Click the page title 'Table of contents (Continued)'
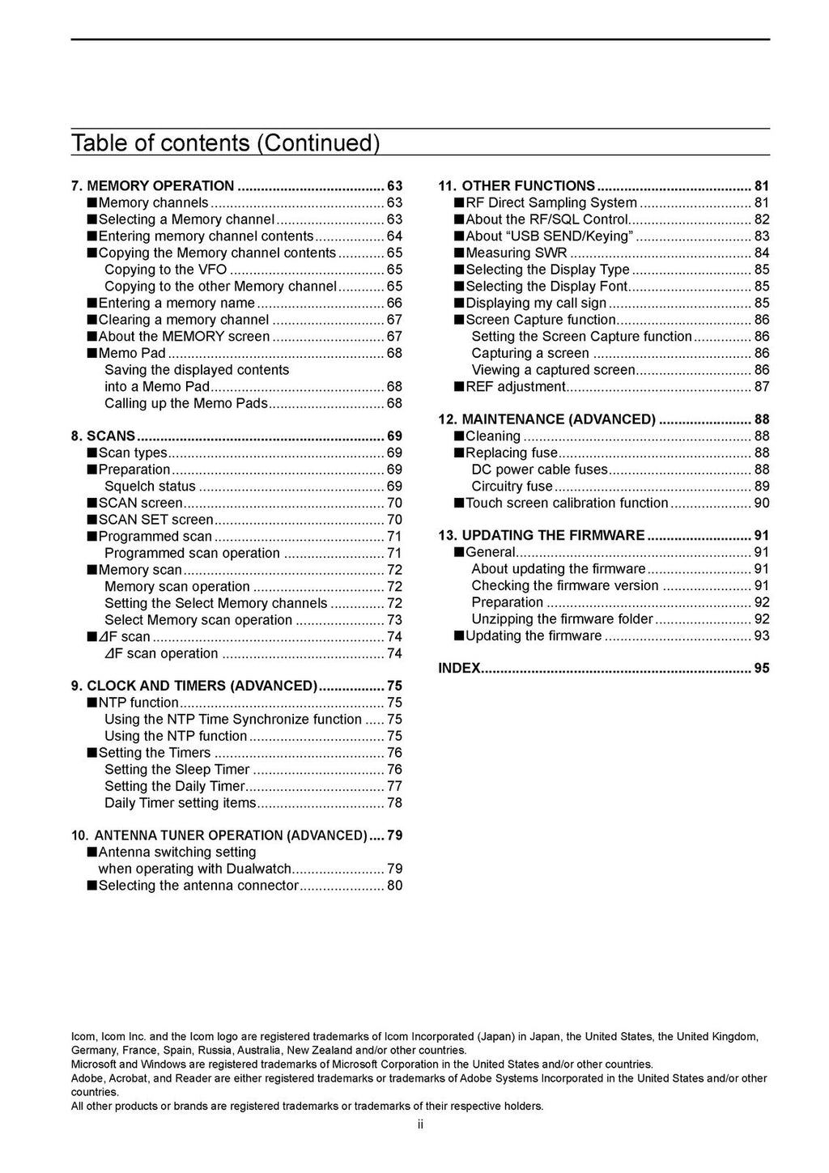pyautogui.click(x=225, y=143)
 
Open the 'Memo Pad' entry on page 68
pyautogui.click(x=132, y=353)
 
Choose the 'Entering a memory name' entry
pyautogui.click(x=176, y=303)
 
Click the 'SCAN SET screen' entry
pyautogui.click(x=155, y=520)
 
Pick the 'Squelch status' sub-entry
pyautogui.click(x=150, y=487)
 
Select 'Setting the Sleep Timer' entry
pyautogui.click(x=176, y=770)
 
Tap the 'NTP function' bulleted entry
pyautogui.click(x=138, y=703)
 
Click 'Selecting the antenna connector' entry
pyautogui.click(x=198, y=886)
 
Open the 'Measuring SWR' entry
pyautogui.click(x=516, y=253)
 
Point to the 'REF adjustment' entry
pyautogui.click(x=515, y=387)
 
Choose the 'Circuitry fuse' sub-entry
pyautogui.click(x=512, y=487)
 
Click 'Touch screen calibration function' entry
pyautogui.click(x=567, y=503)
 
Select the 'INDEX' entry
pyautogui.click(x=459, y=669)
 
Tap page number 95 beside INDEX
pyautogui.click(x=762, y=669)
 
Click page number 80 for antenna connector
pyautogui.click(x=394, y=886)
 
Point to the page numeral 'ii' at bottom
pyautogui.click(x=421, y=1124)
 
